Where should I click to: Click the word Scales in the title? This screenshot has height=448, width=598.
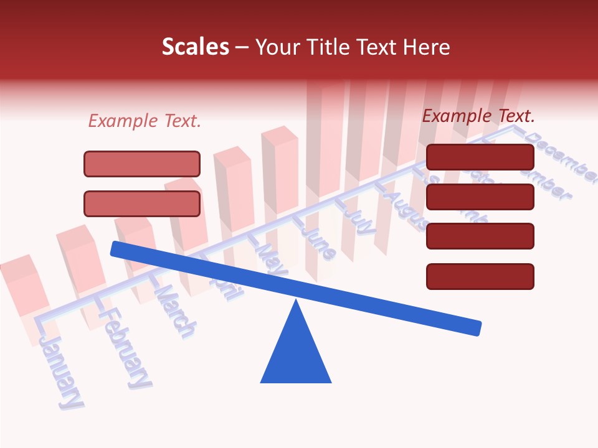coord(195,47)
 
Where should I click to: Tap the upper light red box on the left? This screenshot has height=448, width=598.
coord(142,164)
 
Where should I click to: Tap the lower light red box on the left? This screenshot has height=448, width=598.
coord(142,203)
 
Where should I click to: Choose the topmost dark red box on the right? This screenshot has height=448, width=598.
coord(480,157)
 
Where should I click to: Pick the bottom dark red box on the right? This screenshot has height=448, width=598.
coord(480,276)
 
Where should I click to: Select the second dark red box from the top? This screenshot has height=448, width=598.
coord(480,197)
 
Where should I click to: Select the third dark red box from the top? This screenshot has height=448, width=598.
coord(480,236)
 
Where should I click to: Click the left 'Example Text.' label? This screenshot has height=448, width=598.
coord(145,121)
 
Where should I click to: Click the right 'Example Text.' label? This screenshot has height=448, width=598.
coord(478,116)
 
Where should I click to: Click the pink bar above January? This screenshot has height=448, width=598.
coord(25,286)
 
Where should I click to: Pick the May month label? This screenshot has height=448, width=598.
coord(271,258)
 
